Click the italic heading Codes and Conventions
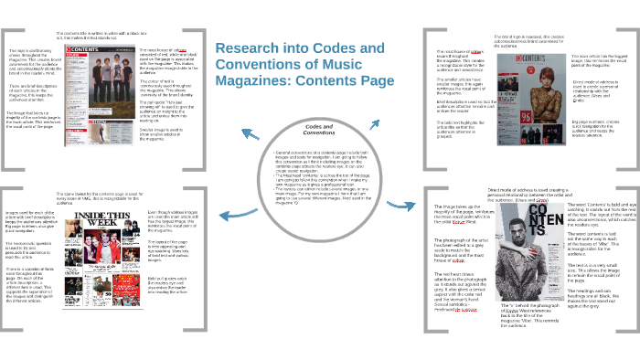click(x=318, y=128)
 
